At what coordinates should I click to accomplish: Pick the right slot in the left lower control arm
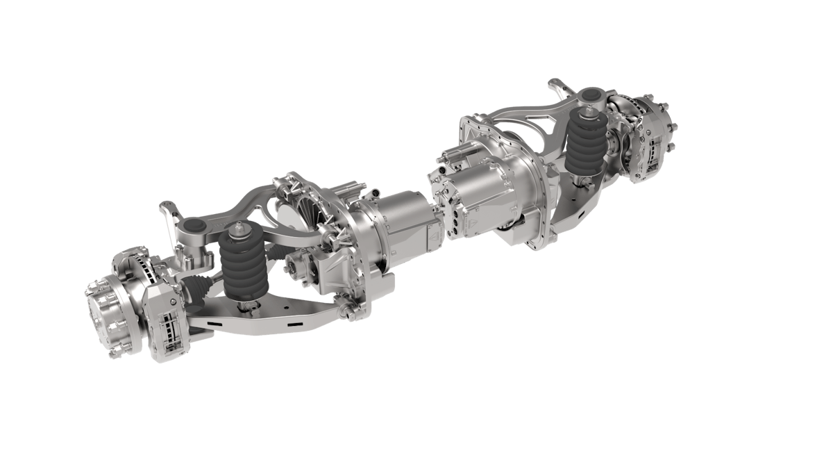pyautogui.click(x=294, y=324)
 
